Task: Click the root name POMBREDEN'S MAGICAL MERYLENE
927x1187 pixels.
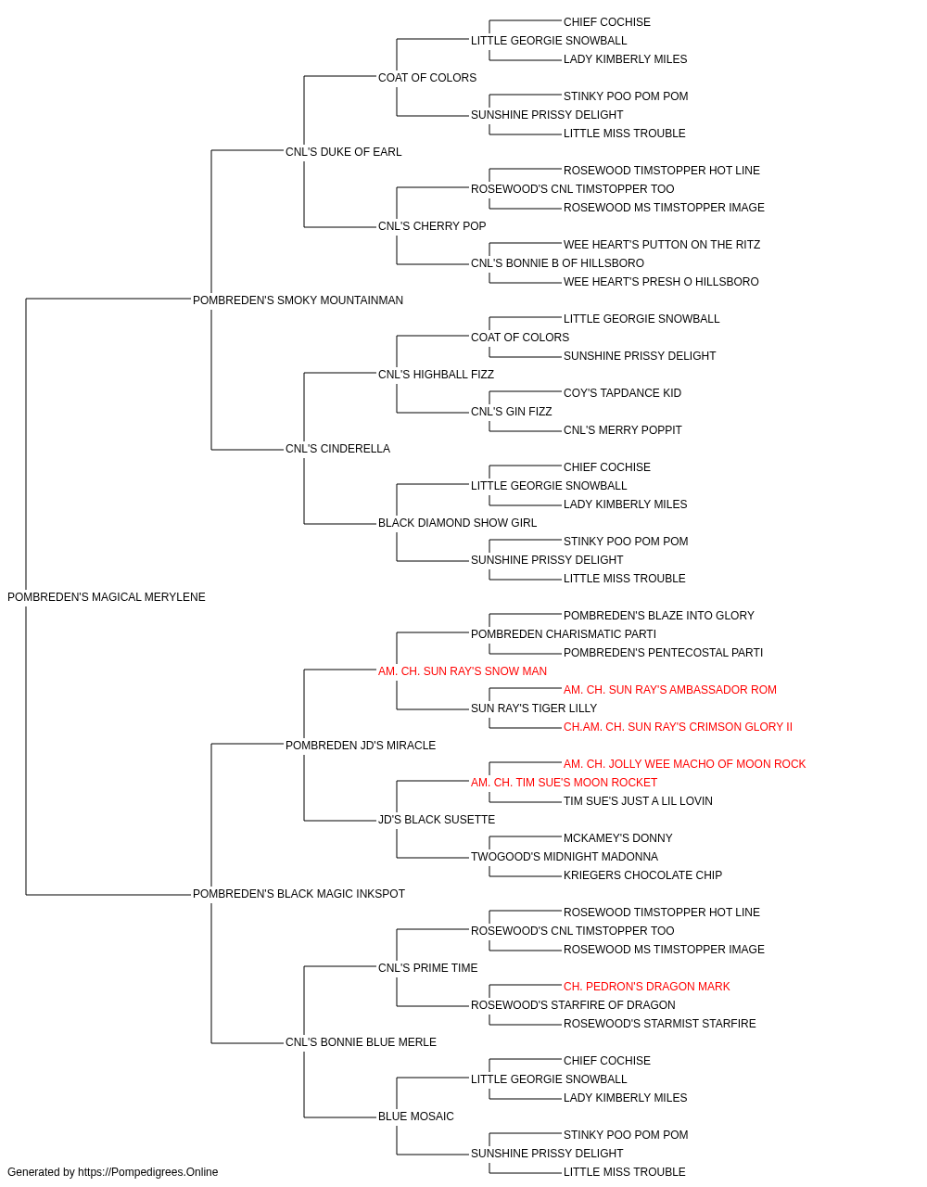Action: coord(107,597)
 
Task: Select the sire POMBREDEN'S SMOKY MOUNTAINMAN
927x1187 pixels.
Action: coord(298,300)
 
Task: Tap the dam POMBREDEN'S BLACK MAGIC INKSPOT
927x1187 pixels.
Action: coord(298,894)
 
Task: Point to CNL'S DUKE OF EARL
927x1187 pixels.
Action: coord(343,152)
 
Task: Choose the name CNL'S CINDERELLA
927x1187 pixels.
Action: coord(338,449)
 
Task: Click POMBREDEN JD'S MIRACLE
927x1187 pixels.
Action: coord(361,745)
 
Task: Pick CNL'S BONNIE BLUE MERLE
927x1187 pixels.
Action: coord(361,1042)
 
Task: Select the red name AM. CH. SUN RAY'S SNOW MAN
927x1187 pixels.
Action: coord(463,670)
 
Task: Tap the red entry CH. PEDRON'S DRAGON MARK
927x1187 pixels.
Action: coord(646,987)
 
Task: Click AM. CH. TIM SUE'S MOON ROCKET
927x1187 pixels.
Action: coord(564,783)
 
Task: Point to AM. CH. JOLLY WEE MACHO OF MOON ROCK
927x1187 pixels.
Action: coord(685,763)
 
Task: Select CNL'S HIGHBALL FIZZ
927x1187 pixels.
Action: coord(437,374)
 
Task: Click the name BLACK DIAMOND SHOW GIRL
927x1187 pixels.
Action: coord(458,523)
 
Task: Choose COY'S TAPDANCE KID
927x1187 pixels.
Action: coord(622,393)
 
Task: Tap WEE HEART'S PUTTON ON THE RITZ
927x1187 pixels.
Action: coord(662,245)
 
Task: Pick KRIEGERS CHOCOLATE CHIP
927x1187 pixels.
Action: coord(642,875)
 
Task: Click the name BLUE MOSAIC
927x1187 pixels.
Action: coord(416,1117)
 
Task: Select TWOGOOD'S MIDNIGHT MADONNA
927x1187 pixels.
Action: coord(565,857)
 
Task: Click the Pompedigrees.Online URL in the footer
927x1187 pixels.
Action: coord(148,1172)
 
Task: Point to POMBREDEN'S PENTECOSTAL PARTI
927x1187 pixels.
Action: coord(664,652)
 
